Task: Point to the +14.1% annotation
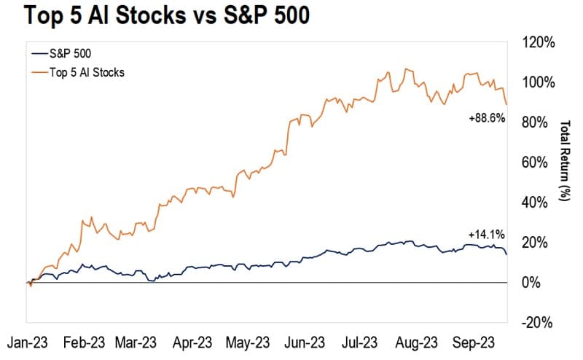(x=487, y=234)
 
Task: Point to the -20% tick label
(x=538, y=323)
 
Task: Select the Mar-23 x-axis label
(x=137, y=342)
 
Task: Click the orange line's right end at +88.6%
(x=507, y=105)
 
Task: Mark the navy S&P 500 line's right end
(x=507, y=254)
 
